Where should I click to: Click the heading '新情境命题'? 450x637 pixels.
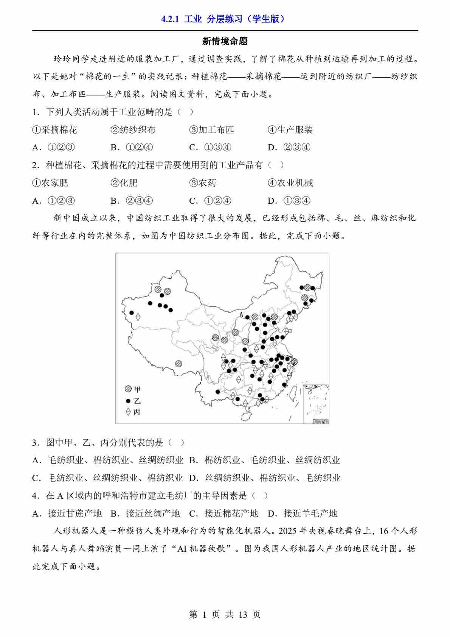225,41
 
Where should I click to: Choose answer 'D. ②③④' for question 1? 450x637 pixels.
289,147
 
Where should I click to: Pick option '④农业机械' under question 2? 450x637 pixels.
290,183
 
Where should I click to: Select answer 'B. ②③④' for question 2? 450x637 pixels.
132,201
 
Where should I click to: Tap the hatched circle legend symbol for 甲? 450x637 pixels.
129,389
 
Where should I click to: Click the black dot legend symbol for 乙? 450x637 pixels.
128,401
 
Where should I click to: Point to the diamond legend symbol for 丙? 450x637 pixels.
128,412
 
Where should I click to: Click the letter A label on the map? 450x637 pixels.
241,314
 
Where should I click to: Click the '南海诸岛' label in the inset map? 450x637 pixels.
321,422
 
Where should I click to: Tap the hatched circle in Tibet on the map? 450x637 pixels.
178,364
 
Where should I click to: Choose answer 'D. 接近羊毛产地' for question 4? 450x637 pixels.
302,514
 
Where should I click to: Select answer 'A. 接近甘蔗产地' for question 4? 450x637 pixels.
67,514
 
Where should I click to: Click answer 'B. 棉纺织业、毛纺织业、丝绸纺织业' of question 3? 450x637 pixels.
264,460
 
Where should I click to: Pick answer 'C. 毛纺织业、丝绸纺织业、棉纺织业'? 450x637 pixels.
107,478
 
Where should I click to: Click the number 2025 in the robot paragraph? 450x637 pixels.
287,531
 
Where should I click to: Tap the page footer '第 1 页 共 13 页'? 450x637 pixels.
225,615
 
